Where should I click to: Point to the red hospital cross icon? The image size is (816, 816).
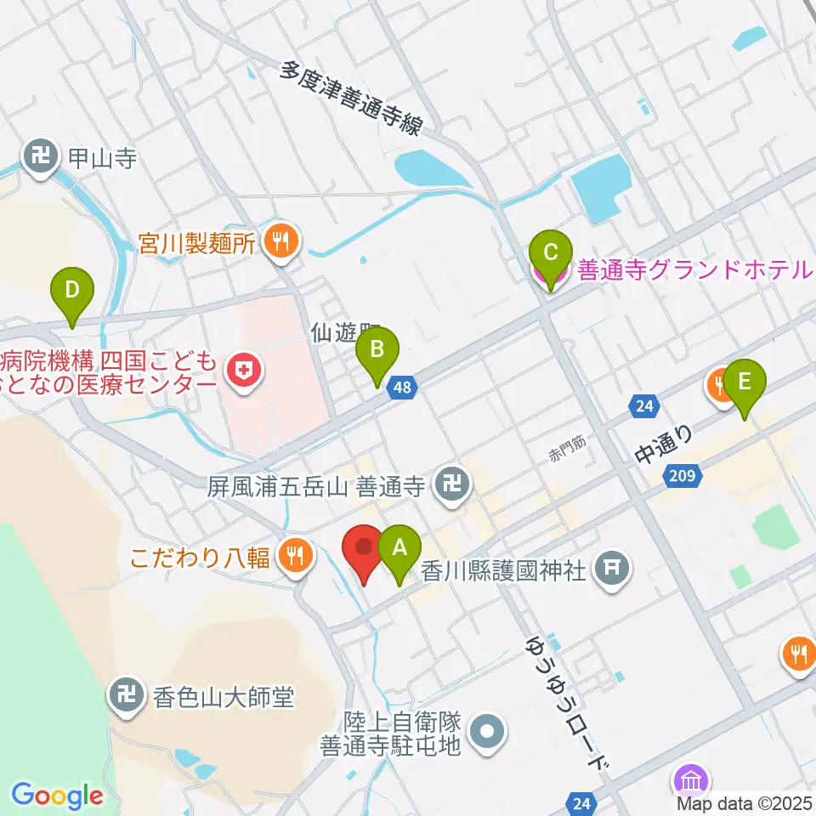242,371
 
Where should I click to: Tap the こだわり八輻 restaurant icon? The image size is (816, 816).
296,558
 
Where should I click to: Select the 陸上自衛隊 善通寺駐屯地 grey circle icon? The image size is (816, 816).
488,733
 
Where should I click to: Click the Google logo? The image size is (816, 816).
57,796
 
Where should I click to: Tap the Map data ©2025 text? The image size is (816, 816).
745,802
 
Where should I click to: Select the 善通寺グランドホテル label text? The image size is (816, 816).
694,270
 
